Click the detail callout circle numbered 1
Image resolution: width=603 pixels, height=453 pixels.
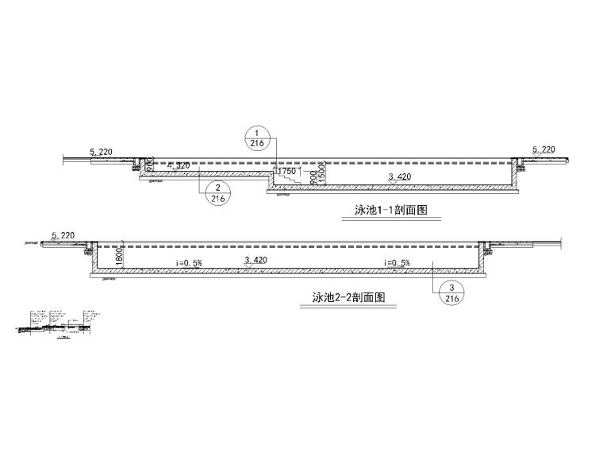click(x=256, y=138)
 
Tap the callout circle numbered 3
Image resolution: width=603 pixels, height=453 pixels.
click(x=451, y=293)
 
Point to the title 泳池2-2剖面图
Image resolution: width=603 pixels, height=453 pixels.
click(x=348, y=299)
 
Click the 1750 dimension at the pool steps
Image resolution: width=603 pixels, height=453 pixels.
click(x=286, y=171)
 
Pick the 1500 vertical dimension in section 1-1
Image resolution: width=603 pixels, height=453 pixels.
click(x=323, y=176)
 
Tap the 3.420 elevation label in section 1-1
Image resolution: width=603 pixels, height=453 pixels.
click(x=401, y=177)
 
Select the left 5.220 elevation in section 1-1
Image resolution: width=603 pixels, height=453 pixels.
click(x=103, y=150)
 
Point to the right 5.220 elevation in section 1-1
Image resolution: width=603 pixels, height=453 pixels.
click(x=543, y=149)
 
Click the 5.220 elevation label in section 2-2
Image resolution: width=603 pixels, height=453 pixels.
click(x=63, y=235)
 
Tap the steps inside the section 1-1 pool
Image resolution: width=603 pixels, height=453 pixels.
click(x=287, y=180)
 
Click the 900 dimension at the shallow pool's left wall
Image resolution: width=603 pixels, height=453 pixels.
click(x=149, y=164)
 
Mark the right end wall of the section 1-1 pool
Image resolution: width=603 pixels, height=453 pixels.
click(x=517, y=176)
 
